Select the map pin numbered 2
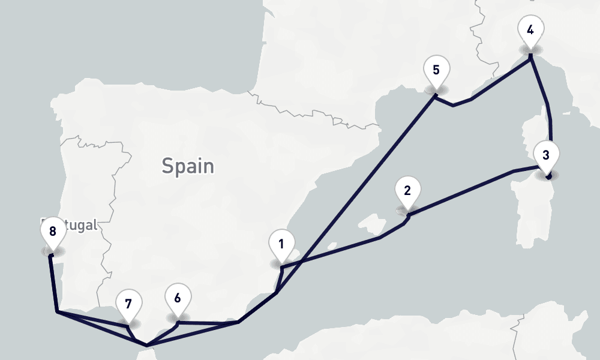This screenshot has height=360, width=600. pyautogui.click(x=407, y=193)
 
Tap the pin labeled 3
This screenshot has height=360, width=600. pyautogui.click(x=545, y=156)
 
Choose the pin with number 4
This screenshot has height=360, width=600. pyautogui.click(x=530, y=31)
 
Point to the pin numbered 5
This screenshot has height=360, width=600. pyautogui.click(x=436, y=71)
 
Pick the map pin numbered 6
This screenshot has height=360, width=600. pyautogui.click(x=177, y=299)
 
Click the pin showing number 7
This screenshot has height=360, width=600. pyautogui.click(x=128, y=305)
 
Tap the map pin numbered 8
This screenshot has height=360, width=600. pyautogui.click(x=53, y=233)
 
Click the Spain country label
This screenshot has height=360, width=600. pyautogui.click(x=188, y=166)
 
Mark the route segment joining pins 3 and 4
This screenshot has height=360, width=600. pyautogui.click(x=548, y=108)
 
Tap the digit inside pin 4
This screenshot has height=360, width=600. pyautogui.click(x=530, y=29)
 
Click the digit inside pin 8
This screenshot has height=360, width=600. pyautogui.click(x=53, y=231)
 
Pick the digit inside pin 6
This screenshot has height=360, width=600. pyautogui.click(x=177, y=297)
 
